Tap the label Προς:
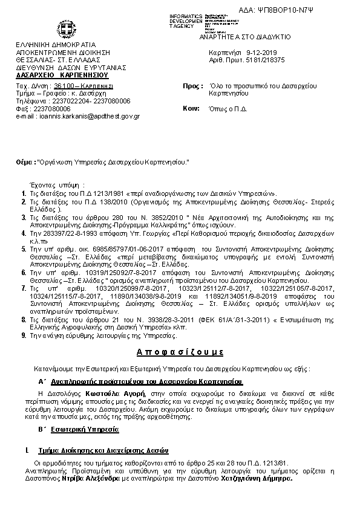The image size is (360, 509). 192,86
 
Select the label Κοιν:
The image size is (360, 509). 191,108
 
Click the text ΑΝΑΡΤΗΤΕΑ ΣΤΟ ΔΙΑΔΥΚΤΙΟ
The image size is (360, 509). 257,37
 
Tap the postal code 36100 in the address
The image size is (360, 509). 65,87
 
